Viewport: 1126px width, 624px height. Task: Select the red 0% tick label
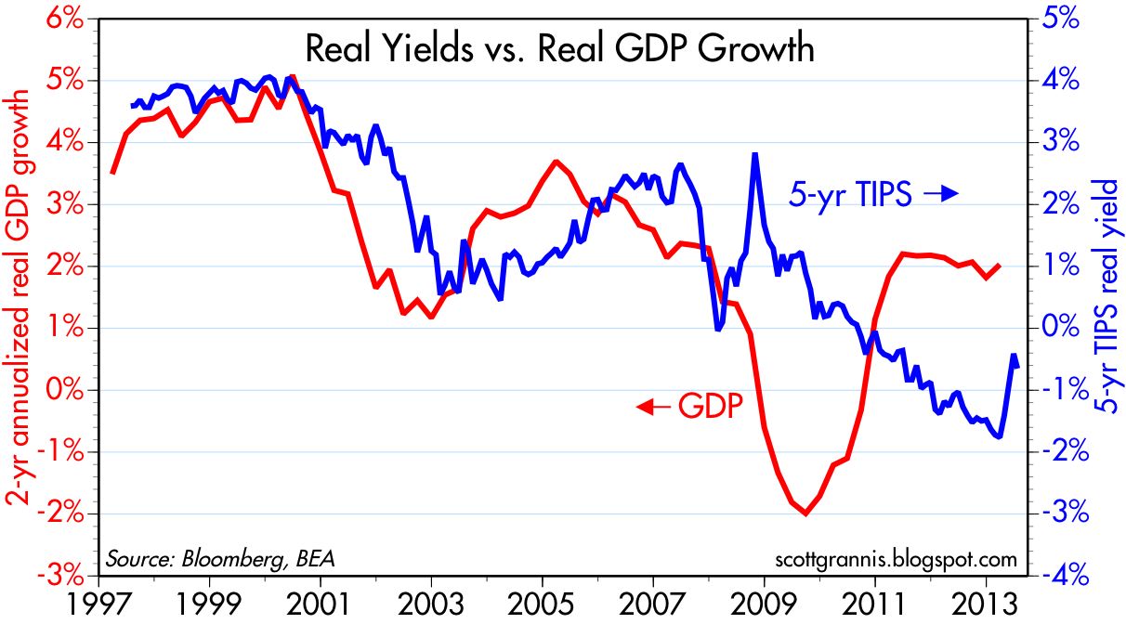click(x=71, y=391)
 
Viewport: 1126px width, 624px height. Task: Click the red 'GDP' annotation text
click(x=711, y=406)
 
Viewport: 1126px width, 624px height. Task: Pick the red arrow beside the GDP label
click(x=652, y=406)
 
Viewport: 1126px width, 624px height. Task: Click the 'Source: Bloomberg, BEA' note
click(x=220, y=559)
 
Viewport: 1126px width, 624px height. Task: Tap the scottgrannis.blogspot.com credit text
click(x=895, y=559)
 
